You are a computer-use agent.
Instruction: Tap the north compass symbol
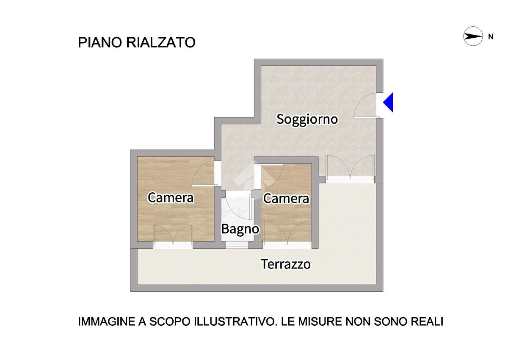pyautogui.click(x=473, y=36)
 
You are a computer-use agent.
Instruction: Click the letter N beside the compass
pyautogui.click(x=491, y=37)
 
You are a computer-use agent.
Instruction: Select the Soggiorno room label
pyautogui.click(x=307, y=119)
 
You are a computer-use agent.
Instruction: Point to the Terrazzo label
pyautogui.click(x=286, y=264)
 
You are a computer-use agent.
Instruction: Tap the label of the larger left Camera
pyautogui.click(x=171, y=198)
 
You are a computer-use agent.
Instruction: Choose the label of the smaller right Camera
pyautogui.click(x=286, y=199)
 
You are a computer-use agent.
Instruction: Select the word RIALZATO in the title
pyautogui.click(x=161, y=42)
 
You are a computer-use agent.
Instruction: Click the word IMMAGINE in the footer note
pyautogui.click(x=107, y=321)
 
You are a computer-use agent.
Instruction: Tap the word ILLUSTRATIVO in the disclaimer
pyautogui.click(x=236, y=321)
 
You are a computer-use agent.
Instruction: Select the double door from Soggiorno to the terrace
pyautogui.click(x=350, y=167)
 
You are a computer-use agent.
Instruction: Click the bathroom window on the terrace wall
pyautogui.click(x=237, y=245)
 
